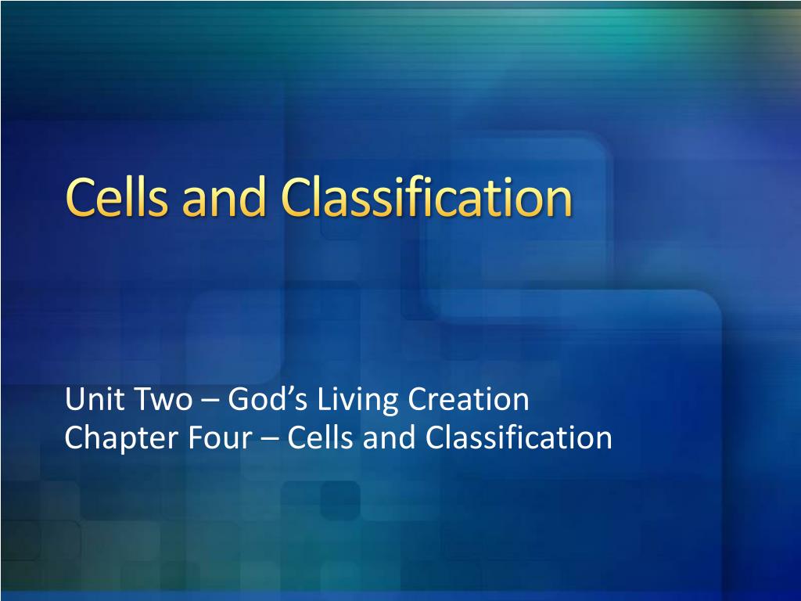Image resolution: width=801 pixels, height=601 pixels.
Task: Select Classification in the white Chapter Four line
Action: [x=519, y=438]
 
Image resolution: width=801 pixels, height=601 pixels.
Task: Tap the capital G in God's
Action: [x=238, y=401]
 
